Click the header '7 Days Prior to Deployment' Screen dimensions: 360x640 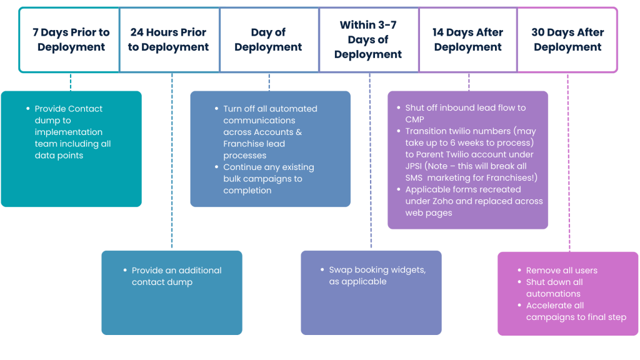coord(71,39)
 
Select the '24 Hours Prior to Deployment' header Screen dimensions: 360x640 coord(168,39)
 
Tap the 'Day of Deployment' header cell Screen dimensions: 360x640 coord(268,39)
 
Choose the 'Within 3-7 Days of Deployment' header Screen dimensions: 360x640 coord(368,39)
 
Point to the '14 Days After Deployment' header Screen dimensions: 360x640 coord(467,39)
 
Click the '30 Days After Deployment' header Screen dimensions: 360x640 coord(567,39)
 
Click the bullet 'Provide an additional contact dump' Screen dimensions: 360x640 coord(176,276)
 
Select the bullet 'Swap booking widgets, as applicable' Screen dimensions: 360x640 coord(377,276)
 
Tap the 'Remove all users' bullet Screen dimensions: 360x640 coord(561,271)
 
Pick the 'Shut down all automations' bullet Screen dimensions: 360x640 coord(554,288)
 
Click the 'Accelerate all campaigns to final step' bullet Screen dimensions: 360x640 coord(575,311)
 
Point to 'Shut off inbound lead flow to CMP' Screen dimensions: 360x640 coord(465,114)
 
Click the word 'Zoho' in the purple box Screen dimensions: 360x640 coord(494,201)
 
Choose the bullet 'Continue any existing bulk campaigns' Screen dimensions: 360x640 coord(268,179)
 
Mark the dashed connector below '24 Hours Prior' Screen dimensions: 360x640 coord(171,162)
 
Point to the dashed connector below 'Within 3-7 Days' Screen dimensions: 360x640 coord(370,162)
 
